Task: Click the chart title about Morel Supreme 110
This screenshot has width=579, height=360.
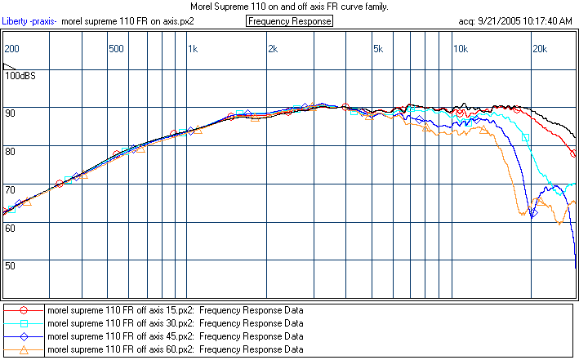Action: (x=289, y=6)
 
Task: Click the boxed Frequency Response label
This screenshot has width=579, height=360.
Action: (x=289, y=20)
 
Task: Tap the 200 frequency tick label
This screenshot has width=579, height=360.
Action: (x=11, y=49)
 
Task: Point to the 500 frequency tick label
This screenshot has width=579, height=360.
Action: (x=117, y=49)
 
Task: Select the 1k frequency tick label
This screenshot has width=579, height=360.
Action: (x=193, y=49)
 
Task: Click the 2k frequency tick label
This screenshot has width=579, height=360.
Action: (x=272, y=49)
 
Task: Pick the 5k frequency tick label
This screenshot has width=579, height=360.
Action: (x=377, y=49)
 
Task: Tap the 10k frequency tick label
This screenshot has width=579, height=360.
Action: (x=460, y=49)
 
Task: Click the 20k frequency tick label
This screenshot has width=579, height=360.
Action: (x=539, y=49)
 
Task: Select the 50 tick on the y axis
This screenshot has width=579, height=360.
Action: (x=11, y=265)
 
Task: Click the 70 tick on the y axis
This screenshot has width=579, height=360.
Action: (x=11, y=189)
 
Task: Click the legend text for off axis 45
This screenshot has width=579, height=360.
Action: (x=175, y=336)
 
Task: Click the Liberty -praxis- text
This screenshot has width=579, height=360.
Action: (x=30, y=20)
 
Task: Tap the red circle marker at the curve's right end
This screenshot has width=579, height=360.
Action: (x=572, y=153)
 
